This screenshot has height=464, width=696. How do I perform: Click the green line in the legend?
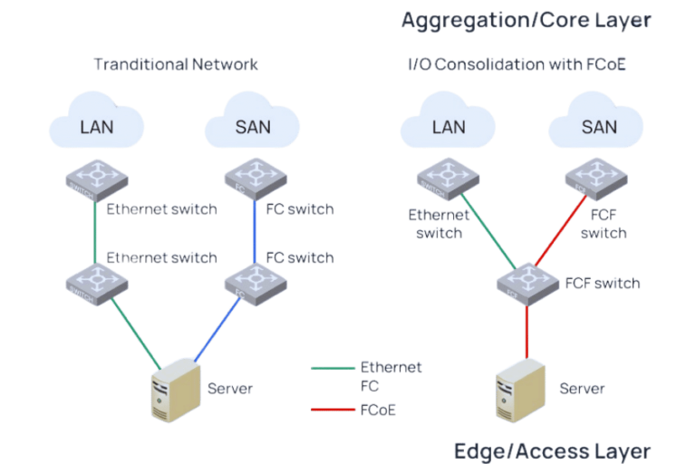pyautogui.click(x=333, y=368)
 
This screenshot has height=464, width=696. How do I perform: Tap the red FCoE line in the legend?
pyautogui.click(x=333, y=409)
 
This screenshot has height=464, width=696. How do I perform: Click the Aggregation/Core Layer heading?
pyautogui.click(x=527, y=21)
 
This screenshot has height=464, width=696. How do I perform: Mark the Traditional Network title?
pyautogui.click(x=177, y=64)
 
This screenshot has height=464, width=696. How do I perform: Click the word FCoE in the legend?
pyautogui.click(x=378, y=410)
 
